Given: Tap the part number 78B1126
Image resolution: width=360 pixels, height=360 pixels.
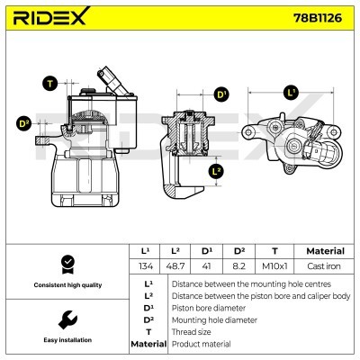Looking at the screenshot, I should coord(320,18).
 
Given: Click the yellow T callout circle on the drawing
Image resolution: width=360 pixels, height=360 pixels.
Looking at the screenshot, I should coord(49,83).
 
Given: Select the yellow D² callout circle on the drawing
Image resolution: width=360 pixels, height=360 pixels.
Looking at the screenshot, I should coord(24,123).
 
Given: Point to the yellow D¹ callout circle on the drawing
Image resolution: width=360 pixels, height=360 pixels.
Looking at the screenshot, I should coord(221,94).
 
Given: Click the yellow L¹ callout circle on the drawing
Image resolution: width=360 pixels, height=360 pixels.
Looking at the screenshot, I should coord(290,93).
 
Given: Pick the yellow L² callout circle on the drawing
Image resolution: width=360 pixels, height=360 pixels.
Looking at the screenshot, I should coord(216,171).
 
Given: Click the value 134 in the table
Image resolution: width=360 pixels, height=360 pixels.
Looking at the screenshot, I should coord(145,266).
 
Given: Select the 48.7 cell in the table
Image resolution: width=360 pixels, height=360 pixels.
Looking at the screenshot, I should coord(180,266).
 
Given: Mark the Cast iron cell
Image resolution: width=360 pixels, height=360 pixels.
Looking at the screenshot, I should coord(325,266).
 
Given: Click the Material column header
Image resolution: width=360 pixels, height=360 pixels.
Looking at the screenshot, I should coord(325,251).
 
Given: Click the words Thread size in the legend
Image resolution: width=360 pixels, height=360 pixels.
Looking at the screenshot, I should coord(192,331).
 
